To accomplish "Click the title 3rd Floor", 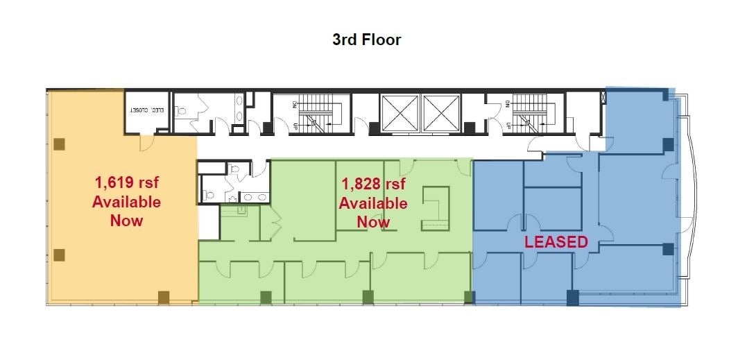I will [366, 40].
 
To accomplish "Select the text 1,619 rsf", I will [126, 183].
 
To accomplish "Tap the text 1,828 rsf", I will [373, 184].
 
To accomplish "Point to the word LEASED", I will [556, 242].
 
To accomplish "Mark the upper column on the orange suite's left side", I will [60, 144].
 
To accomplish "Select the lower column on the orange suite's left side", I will [60, 255].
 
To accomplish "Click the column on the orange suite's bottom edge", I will [164, 298].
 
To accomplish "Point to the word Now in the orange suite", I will [126, 221].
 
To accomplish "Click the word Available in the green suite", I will [373, 203].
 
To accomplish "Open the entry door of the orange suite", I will [146, 142].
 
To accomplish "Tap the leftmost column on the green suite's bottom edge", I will [265, 298].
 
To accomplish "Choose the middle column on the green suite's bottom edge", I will [368, 298].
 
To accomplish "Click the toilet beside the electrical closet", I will [180, 110].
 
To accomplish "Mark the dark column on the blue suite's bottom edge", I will [572, 298].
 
